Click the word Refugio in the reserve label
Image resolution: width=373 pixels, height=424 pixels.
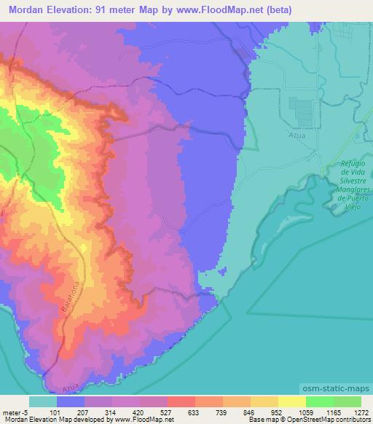point(356,165)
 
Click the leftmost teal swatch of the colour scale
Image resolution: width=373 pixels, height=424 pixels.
point(43,401)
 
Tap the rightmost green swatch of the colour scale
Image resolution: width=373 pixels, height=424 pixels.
point(348,401)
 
